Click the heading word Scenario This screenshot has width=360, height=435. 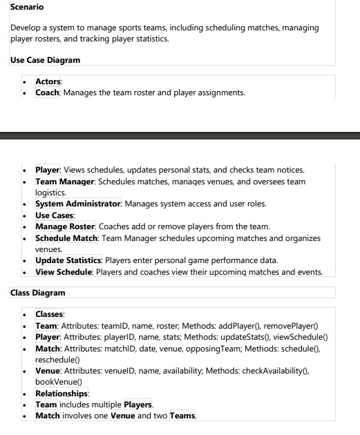[x=27, y=7]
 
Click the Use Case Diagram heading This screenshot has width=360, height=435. [x=45, y=60]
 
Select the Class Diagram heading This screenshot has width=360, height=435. [x=38, y=293]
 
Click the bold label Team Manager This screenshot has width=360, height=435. [x=66, y=182]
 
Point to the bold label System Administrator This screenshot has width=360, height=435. [x=78, y=204]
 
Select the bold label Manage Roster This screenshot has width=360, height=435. [x=66, y=226]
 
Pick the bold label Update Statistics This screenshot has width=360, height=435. [x=69, y=260]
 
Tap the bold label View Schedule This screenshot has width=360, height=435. [x=64, y=272]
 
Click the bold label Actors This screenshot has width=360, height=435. [x=48, y=82]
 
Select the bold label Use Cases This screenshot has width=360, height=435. [x=55, y=215]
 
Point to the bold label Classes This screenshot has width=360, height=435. [x=49, y=314]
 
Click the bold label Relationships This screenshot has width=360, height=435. [x=61, y=393]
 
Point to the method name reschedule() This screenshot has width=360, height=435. [x=59, y=359]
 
